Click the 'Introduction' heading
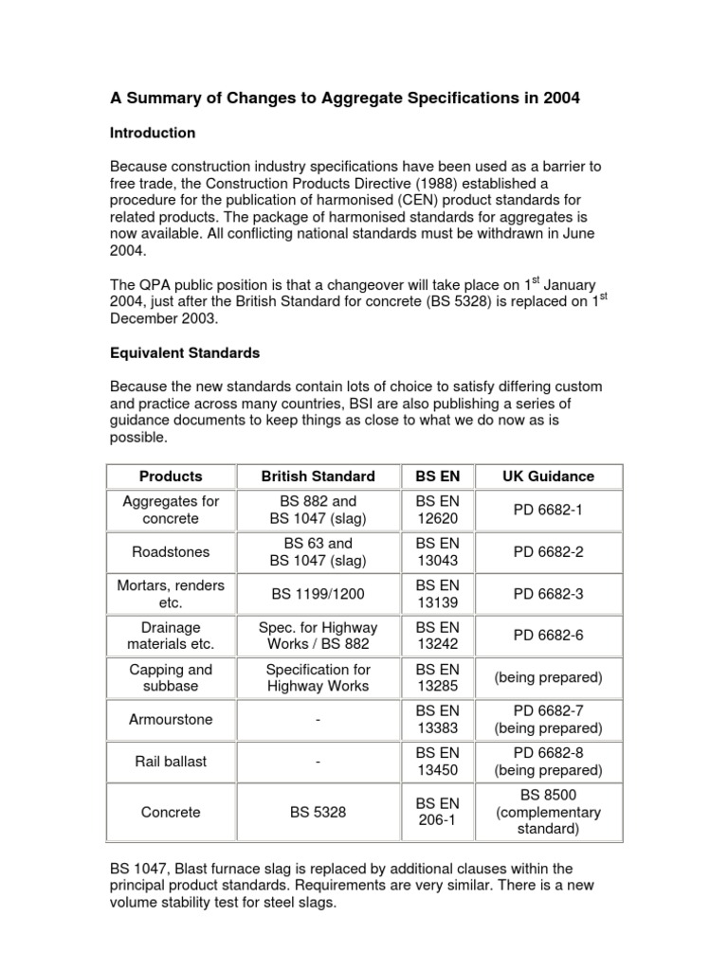click(x=153, y=133)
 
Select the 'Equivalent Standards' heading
click(x=185, y=352)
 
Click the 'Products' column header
click(x=171, y=476)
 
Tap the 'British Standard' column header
click(x=318, y=476)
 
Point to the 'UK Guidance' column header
click(x=548, y=476)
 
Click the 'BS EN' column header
click(x=437, y=476)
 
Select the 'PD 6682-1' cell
click(x=548, y=510)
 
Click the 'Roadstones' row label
click(x=171, y=551)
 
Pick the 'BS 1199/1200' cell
click(x=318, y=594)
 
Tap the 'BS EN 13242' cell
click(x=437, y=636)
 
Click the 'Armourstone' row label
click(x=171, y=719)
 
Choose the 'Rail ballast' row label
click(x=171, y=762)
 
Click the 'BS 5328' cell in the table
click(x=318, y=812)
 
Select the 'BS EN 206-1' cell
click(x=437, y=812)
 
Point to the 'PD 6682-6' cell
click(x=548, y=636)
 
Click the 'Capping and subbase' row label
click(x=171, y=677)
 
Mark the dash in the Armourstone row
click(x=318, y=720)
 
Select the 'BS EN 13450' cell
click(x=437, y=762)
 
